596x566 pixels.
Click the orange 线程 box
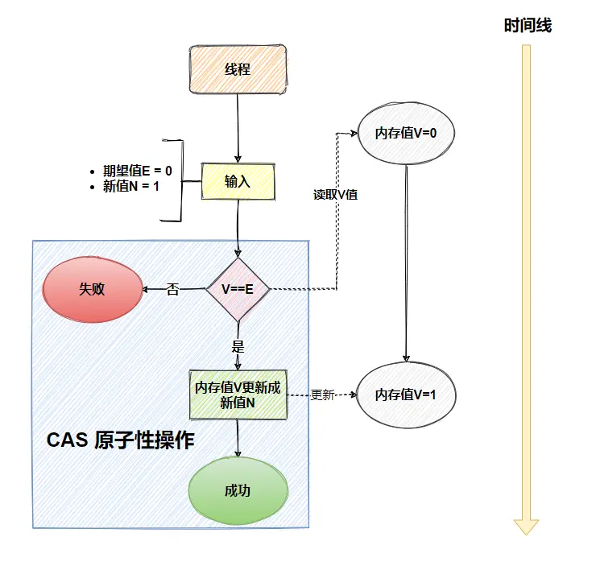[x=238, y=68]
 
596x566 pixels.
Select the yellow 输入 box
[x=238, y=181]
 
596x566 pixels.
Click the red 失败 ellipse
[x=92, y=290]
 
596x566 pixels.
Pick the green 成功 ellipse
[x=238, y=491]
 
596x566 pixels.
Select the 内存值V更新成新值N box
[x=238, y=395]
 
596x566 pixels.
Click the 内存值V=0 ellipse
[x=406, y=133]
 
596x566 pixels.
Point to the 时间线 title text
[x=528, y=26]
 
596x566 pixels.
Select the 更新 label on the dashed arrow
[x=322, y=395]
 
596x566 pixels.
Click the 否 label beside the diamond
[x=172, y=289]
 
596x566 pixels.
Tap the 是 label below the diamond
[x=238, y=347]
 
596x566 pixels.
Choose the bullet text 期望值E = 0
[x=138, y=171]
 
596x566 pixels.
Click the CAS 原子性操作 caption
[x=120, y=440]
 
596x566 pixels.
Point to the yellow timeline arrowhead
[x=527, y=527]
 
